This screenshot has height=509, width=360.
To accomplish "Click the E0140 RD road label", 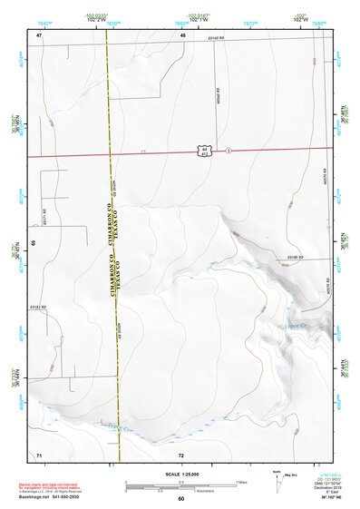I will click(x=214, y=38).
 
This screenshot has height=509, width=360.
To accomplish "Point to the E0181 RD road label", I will click(x=37, y=308).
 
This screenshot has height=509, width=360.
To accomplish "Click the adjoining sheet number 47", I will click(x=40, y=34).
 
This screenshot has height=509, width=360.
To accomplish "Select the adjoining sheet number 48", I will click(x=182, y=34).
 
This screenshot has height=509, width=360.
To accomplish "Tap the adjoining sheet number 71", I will click(x=39, y=454).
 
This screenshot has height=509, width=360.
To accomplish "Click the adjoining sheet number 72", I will click(x=181, y=454).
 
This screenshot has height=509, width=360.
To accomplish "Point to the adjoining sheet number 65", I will click(x=33, y=243).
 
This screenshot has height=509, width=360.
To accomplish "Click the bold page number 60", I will click(x=180, y=498).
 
